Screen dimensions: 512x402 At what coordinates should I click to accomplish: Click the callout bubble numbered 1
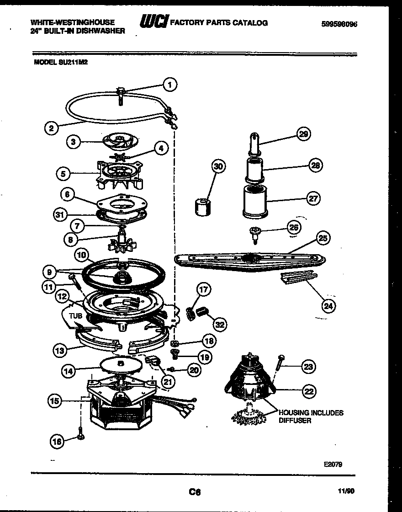tap(169, 84)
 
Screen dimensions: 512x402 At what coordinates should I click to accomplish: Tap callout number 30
tap(219, 167)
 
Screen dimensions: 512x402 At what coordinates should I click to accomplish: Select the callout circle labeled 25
tap(323, 238)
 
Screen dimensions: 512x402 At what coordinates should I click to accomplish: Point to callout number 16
tap(57, 441)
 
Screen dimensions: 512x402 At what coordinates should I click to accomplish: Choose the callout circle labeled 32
tap(220, 324)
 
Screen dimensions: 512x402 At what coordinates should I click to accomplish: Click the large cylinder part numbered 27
tap(255, 200)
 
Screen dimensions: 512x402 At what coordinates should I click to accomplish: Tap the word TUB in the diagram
tap(75, 315)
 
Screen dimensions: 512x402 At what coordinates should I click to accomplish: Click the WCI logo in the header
tap(154, 23)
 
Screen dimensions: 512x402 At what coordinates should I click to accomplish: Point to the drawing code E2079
tap(333, 464)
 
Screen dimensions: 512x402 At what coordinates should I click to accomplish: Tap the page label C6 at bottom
tap(195, 492)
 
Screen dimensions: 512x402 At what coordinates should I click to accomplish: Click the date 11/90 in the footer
tap(346, 492)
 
